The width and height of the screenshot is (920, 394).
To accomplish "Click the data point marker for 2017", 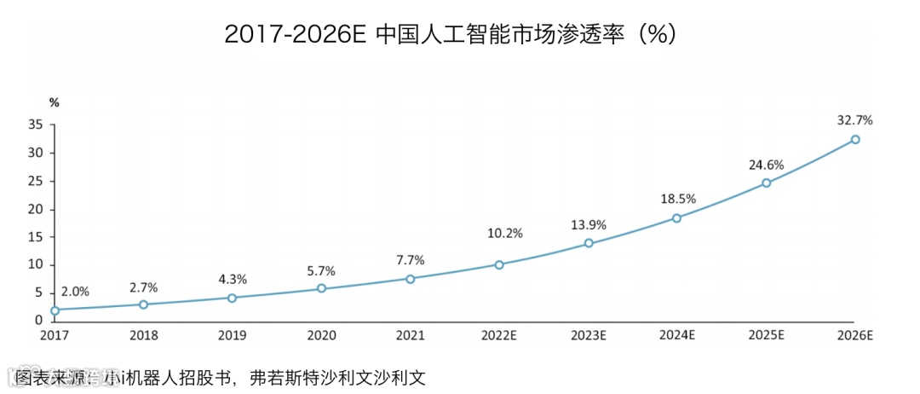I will coord(55,310).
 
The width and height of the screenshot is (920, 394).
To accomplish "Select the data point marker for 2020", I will coord(321,288).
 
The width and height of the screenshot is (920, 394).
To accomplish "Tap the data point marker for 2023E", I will coord(588,243).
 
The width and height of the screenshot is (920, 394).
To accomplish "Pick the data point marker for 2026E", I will coord(855,139).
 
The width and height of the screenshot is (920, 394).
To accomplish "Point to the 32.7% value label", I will coord(854,120).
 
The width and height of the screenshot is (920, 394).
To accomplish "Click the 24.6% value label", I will coord(766,165).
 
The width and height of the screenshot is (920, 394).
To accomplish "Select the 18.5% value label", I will coord(678,199).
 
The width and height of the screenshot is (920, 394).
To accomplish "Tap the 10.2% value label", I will coord(499,233).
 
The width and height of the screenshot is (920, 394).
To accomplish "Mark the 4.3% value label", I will coord(233,279).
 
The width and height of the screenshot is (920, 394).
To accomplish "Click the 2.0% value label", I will coord(75,292).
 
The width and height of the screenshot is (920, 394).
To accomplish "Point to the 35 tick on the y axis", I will coord(35,125).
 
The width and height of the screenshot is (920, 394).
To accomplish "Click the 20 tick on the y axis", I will coord(35,209).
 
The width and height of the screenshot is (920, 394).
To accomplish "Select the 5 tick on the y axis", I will coord(37,293).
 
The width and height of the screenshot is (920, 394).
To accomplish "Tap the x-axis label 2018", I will coord(143,336).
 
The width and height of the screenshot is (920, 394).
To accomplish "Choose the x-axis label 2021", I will coord(410,336).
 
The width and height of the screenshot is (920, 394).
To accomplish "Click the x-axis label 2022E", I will coord(499,336).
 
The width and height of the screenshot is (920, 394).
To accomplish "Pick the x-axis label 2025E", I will coord(766,336).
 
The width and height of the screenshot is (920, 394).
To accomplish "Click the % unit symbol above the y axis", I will coord(54,102).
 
